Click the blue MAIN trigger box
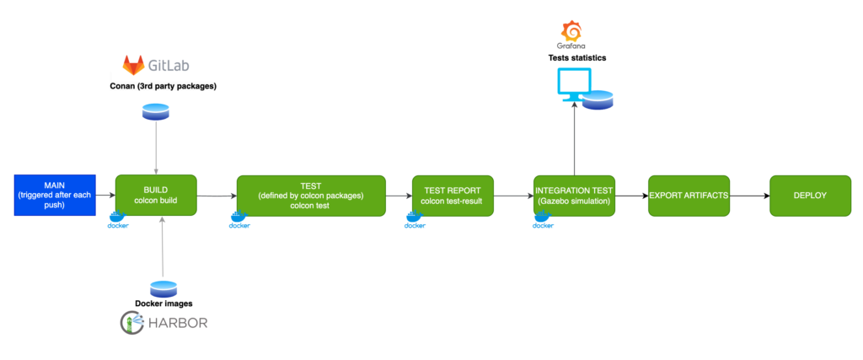click(55, 195)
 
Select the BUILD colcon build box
click(156, 195)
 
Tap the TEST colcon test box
click(311, 195)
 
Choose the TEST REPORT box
click(453, 195)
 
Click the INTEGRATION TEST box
click(574, 195)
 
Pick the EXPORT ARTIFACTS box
click(689, 195)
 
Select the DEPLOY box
click(810, 195)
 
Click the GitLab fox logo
click(133, 66)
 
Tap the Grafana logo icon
click(572, 30)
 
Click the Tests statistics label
click(574, 57)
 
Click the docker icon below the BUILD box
click(118, 222)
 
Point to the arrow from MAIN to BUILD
click(105, 195)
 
